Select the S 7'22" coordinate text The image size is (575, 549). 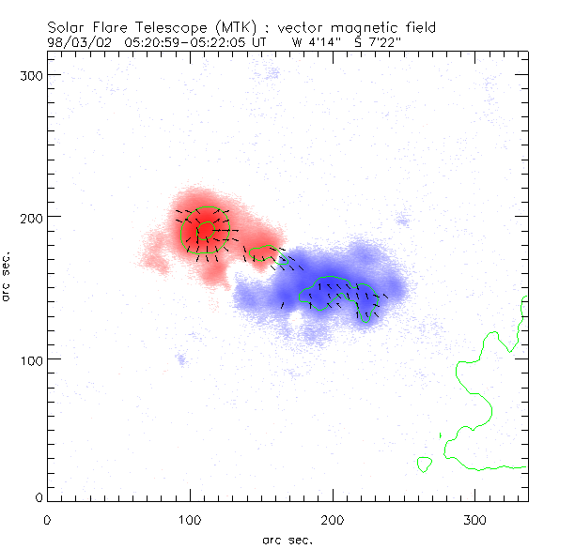click(x=374, y=41)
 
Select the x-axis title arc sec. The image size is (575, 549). click(x=287, y=539)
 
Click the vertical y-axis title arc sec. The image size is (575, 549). click(x=7, y=276)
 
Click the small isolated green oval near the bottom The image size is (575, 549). click(x=424, y=464)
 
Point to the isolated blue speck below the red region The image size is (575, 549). click(x=181, y=359)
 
